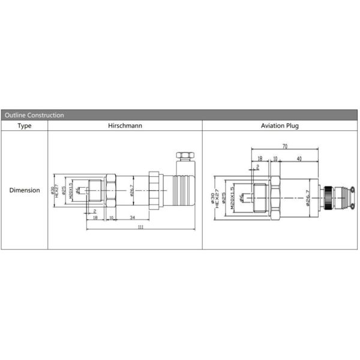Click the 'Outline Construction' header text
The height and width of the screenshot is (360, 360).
[x=34, y=115]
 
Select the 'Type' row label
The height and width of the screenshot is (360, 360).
[x=24, y=126]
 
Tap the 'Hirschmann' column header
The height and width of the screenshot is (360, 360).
[x=125, y=126]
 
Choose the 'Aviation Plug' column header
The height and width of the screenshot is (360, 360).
[x=280, y=126]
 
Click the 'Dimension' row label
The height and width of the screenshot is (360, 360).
[x=24, y=190]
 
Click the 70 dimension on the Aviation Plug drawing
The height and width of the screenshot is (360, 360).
[x=284, y=146]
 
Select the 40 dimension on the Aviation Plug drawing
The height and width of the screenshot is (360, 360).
[x=299, y=159]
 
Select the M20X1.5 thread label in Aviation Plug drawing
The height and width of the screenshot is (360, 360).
[x=231, y=196]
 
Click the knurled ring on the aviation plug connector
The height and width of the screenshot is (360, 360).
[x=329, y=196]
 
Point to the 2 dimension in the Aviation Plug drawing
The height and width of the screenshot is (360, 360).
[x=258, y=166]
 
